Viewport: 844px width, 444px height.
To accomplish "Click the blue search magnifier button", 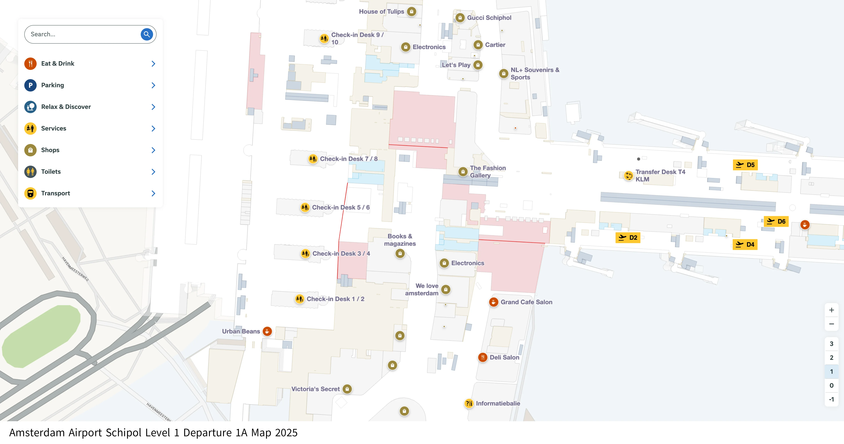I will pos(147,34).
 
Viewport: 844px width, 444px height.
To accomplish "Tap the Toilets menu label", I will pos(51,172).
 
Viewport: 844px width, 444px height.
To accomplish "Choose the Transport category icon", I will pos(30,193).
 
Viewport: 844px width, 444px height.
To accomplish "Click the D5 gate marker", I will pos(745,165).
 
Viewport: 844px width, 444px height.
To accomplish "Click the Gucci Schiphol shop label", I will pos(489,18).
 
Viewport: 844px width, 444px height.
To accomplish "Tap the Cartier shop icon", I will pos(478,45).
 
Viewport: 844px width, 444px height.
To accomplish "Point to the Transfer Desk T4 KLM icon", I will pos(628,175).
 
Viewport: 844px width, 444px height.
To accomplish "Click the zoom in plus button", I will pos(831,310).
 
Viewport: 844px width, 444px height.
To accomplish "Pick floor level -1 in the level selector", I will pos(831,399).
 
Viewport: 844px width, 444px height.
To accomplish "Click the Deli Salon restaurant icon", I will pos(483,357).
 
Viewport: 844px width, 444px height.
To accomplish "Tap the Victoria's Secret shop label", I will pos(315,389).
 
